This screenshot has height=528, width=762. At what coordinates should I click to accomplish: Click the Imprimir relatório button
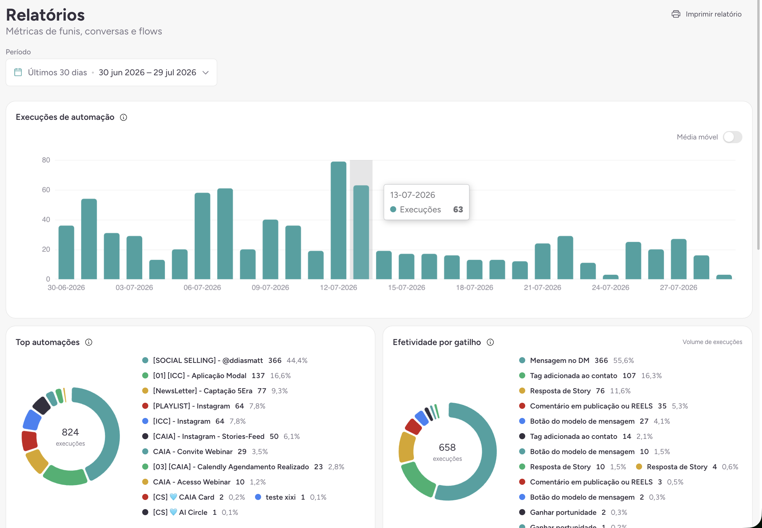coord(707,14)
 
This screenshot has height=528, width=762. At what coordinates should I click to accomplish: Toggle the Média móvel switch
coord(732,137)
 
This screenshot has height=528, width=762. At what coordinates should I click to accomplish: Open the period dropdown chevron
coord(205,73)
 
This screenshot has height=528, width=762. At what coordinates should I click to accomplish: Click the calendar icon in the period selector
coord(18,72)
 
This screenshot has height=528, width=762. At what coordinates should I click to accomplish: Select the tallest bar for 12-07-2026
coord(338,220)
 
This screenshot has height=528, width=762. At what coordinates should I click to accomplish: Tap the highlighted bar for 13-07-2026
coord(361,232)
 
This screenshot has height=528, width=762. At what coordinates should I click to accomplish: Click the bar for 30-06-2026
coord(66,252)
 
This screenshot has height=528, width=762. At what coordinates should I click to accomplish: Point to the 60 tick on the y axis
coord(46,190)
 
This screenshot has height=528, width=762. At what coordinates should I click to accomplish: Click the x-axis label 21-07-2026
coord(542,288)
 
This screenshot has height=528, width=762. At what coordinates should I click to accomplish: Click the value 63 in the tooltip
coord(458,209)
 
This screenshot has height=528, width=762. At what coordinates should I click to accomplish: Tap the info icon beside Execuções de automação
coord(124,117)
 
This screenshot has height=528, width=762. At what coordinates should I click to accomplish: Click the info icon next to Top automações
coord(89,342)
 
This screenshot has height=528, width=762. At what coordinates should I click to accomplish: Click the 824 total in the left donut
coord(70,432)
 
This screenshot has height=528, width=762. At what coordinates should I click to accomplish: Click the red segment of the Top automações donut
coord(29,441)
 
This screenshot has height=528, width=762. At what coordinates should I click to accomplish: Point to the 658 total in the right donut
coord(447,447)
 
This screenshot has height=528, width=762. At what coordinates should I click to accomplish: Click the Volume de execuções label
coord(712,342)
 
